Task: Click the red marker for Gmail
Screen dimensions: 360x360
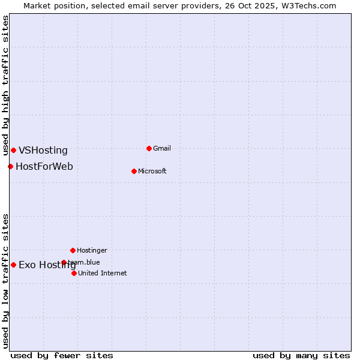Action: click(149, 148)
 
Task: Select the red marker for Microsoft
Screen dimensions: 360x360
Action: click(134, 171)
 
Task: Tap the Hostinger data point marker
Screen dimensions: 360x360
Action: click(73, 250)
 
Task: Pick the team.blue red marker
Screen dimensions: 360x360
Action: click(64, 262)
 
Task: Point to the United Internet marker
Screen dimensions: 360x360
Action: click(74, 273)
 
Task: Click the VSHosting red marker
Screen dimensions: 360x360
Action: click(13, 150)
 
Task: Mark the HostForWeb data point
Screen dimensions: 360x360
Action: click(10, 166)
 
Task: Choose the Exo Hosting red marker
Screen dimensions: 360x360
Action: click(13, 265)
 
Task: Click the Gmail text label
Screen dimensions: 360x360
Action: click(162, 148)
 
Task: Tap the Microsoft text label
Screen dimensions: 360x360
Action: click(152, 171)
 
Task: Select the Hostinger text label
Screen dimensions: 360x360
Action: click(92, 250)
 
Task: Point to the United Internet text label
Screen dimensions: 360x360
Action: click(102, 273)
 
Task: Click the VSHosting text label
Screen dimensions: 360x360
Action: click(43, 151)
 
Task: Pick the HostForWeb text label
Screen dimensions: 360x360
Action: click(44, 166)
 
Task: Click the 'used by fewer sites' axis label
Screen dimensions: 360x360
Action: click(62, 355)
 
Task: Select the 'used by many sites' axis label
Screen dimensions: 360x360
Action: click(301, 355)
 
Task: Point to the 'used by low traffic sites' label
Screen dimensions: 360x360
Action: click(5, 281)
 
